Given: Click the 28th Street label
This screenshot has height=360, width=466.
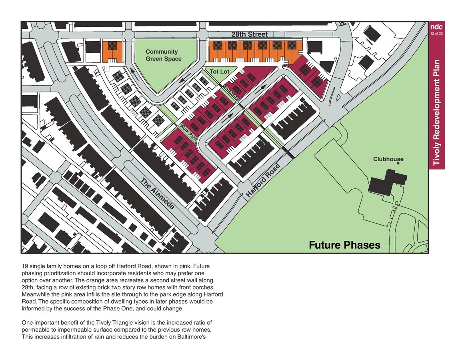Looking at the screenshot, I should point(249,34).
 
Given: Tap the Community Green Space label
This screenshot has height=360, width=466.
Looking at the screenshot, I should point(163,55).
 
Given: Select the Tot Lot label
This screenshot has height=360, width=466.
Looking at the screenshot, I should point(220,72).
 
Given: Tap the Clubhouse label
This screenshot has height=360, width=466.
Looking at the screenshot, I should point(388,159).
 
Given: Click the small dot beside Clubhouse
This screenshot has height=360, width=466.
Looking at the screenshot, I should point(398,164).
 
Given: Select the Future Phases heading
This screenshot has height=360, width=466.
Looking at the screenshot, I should point(344,245).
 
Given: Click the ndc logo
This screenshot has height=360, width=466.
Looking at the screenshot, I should point(436,27).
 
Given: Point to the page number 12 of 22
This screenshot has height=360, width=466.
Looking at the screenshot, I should point(436,34).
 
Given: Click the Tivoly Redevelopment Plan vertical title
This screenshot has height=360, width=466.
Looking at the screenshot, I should point(437,112).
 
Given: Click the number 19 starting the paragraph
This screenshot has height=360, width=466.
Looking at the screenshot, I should point(25,266).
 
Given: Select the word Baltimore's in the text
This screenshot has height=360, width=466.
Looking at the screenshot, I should point(193,336).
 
